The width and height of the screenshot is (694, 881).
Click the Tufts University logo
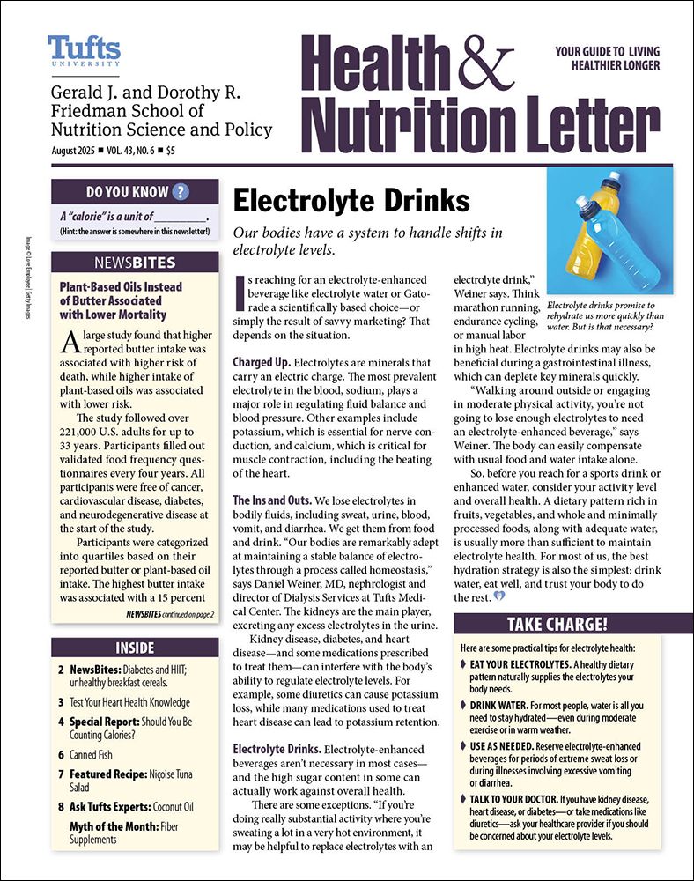[x=84, y=52]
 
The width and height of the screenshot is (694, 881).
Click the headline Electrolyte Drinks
[x=351, y=201]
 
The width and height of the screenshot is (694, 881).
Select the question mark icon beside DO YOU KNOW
[x=181, y=192]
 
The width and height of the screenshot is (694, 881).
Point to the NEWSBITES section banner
[x=135, y=263]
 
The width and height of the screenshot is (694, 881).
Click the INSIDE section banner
[x=135, y=648]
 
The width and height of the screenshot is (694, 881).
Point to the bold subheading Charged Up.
[x=261, y=362]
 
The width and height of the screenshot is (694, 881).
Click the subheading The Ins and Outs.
[x=272, y=500]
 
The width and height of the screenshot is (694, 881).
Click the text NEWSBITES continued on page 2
[x=169, y=612]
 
